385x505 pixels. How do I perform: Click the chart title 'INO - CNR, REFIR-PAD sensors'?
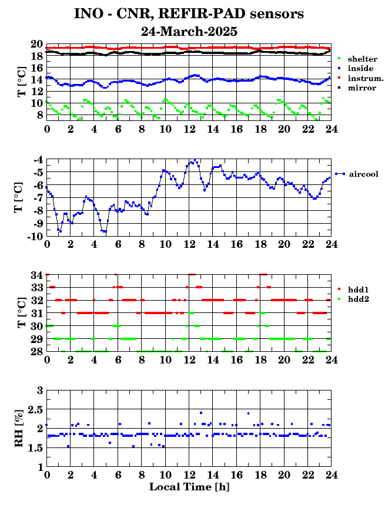(189, 14)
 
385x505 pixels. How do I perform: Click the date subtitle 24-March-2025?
(189, 31)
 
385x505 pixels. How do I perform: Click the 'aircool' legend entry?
(363, 174)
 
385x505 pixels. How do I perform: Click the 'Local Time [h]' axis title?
(189, 487)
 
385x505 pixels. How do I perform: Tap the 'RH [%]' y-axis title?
(19, 428)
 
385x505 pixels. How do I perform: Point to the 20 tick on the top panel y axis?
(36, 45)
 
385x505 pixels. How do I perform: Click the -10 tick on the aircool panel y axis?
(35, 236)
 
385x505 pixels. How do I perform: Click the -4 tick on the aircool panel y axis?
(38, 160)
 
